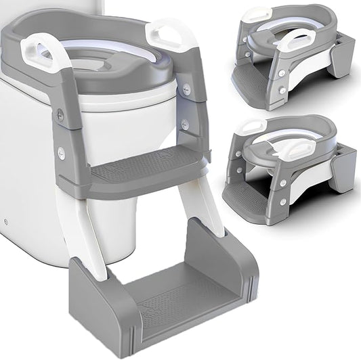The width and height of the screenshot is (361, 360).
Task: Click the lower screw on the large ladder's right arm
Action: coord(185,124)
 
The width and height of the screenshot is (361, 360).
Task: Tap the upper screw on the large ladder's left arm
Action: coord(61,116)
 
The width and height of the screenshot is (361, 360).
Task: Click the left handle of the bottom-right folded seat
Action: coord(252,127)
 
